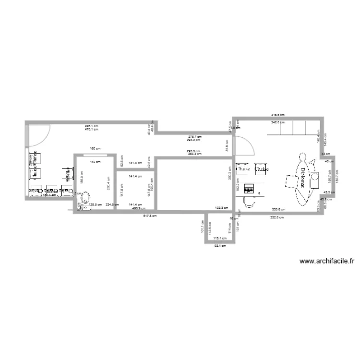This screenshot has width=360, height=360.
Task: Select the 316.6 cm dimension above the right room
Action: (x=278, y=115)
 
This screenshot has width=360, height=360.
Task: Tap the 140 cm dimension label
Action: (x=95, y=162)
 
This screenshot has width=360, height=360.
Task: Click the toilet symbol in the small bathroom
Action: (x=86, y=200)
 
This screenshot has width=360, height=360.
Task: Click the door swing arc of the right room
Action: (x=247, y=146)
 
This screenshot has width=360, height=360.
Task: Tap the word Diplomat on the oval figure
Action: (x=303, y=180)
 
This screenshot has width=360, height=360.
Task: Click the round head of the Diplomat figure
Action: (x=302, y=156)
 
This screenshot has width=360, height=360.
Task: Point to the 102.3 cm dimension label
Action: (x=221, y=208)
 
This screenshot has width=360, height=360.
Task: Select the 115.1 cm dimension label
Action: (x=219, y=238)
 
